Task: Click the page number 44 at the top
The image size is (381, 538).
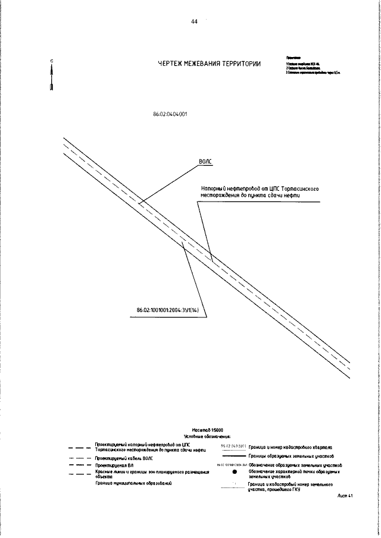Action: (x=194, y=21)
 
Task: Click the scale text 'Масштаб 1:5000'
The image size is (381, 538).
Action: (x=207, y=429)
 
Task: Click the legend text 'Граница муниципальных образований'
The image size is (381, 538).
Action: (x=133, y=484)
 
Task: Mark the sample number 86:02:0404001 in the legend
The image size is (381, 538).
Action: (x=233, y=446)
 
